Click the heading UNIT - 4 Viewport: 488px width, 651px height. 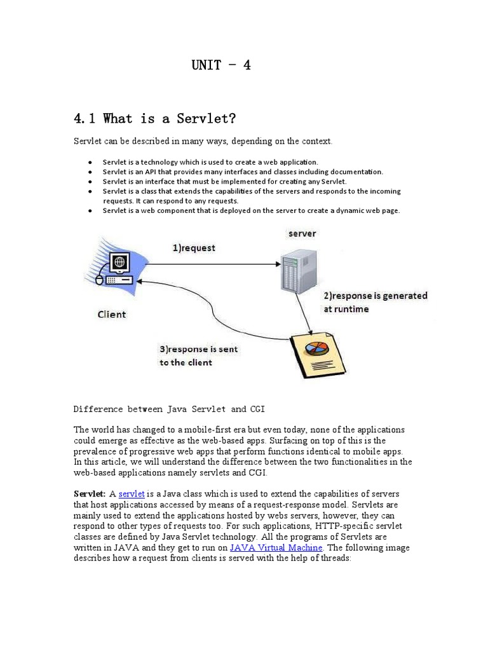[221, 65]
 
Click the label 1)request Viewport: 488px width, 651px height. [194, 248]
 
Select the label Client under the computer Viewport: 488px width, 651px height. [111, 314]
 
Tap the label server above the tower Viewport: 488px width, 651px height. [302, 233]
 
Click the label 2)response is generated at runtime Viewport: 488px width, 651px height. [376, 302]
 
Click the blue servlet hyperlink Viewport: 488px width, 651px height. [132, 494]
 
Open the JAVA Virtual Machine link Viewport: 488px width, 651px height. [276, 547]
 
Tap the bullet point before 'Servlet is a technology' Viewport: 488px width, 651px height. [91, 162]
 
